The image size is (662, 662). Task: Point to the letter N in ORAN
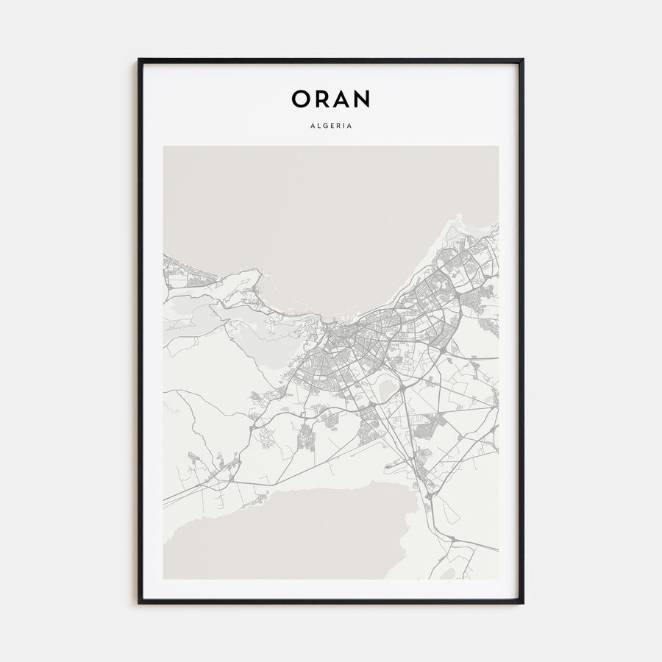click(362, 99)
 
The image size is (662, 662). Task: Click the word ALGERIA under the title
click(331, 126)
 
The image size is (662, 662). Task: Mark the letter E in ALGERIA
click(330, 126)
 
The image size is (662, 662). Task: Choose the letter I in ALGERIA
click(344, 126)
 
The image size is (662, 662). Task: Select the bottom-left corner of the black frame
click(139, 603)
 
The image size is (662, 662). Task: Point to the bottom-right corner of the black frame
click(523, 603)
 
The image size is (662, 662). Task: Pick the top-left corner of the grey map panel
click(163, 146)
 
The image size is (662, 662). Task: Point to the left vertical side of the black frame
click(139, 331)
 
